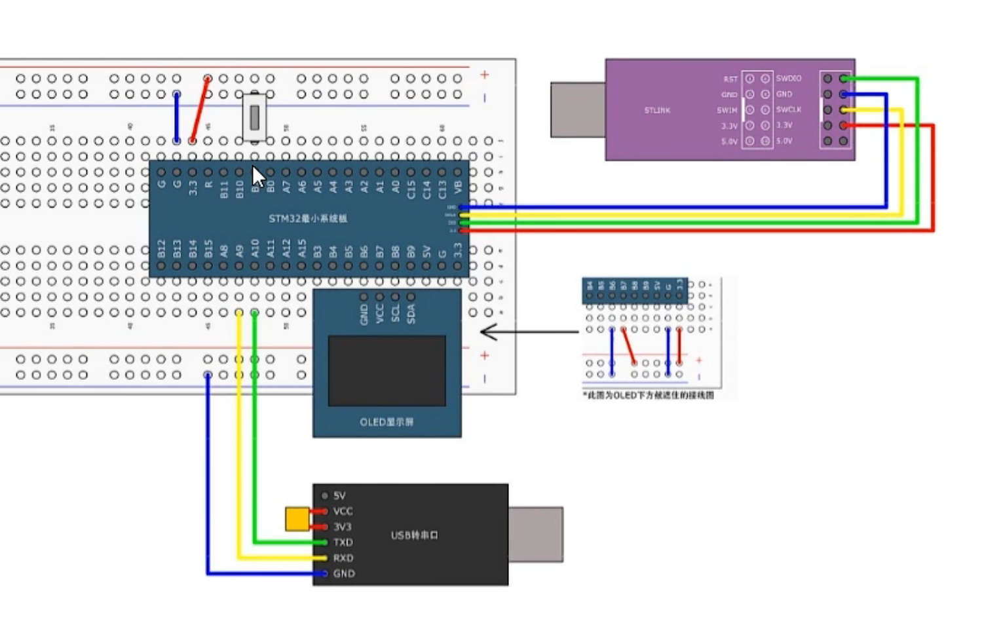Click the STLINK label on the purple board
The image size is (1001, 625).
pos(657,111)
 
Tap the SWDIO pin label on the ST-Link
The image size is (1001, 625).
pos(789,79)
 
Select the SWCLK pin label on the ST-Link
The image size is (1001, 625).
pos(789,109)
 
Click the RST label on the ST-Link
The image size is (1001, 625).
pos(730,79)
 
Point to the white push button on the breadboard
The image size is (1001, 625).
pos(254,117)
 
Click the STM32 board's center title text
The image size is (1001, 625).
pos(308,219)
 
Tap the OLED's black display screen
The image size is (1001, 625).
pos(387,371)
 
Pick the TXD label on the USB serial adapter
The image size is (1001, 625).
pos(343,542)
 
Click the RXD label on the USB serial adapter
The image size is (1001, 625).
pos(343,558)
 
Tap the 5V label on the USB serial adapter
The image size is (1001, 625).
pos(339,496)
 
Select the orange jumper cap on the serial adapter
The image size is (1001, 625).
pos(297,519)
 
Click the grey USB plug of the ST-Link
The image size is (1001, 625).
pos(577,110)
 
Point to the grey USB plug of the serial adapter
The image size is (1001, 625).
pos(535,535)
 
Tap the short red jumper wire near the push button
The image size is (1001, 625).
pos(200,109)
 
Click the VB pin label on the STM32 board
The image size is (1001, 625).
pos(458,187)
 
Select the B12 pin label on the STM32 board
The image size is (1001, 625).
pos(162,249)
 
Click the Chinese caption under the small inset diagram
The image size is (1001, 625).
pos(648,396)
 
